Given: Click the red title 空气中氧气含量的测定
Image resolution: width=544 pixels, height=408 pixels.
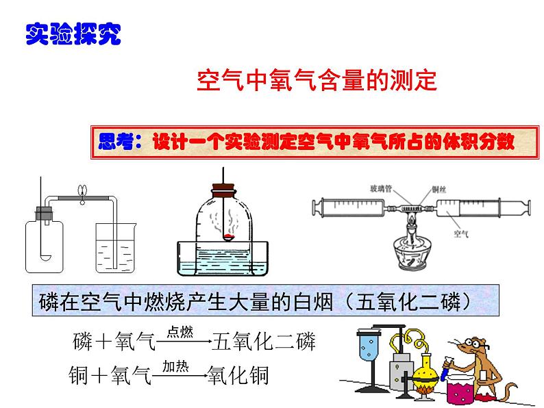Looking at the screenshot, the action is click(x=317, y=81).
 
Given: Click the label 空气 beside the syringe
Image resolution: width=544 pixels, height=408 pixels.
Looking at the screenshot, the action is click(x=461, y=233).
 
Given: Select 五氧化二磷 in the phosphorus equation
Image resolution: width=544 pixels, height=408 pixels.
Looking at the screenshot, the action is click(x=264, y=340).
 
